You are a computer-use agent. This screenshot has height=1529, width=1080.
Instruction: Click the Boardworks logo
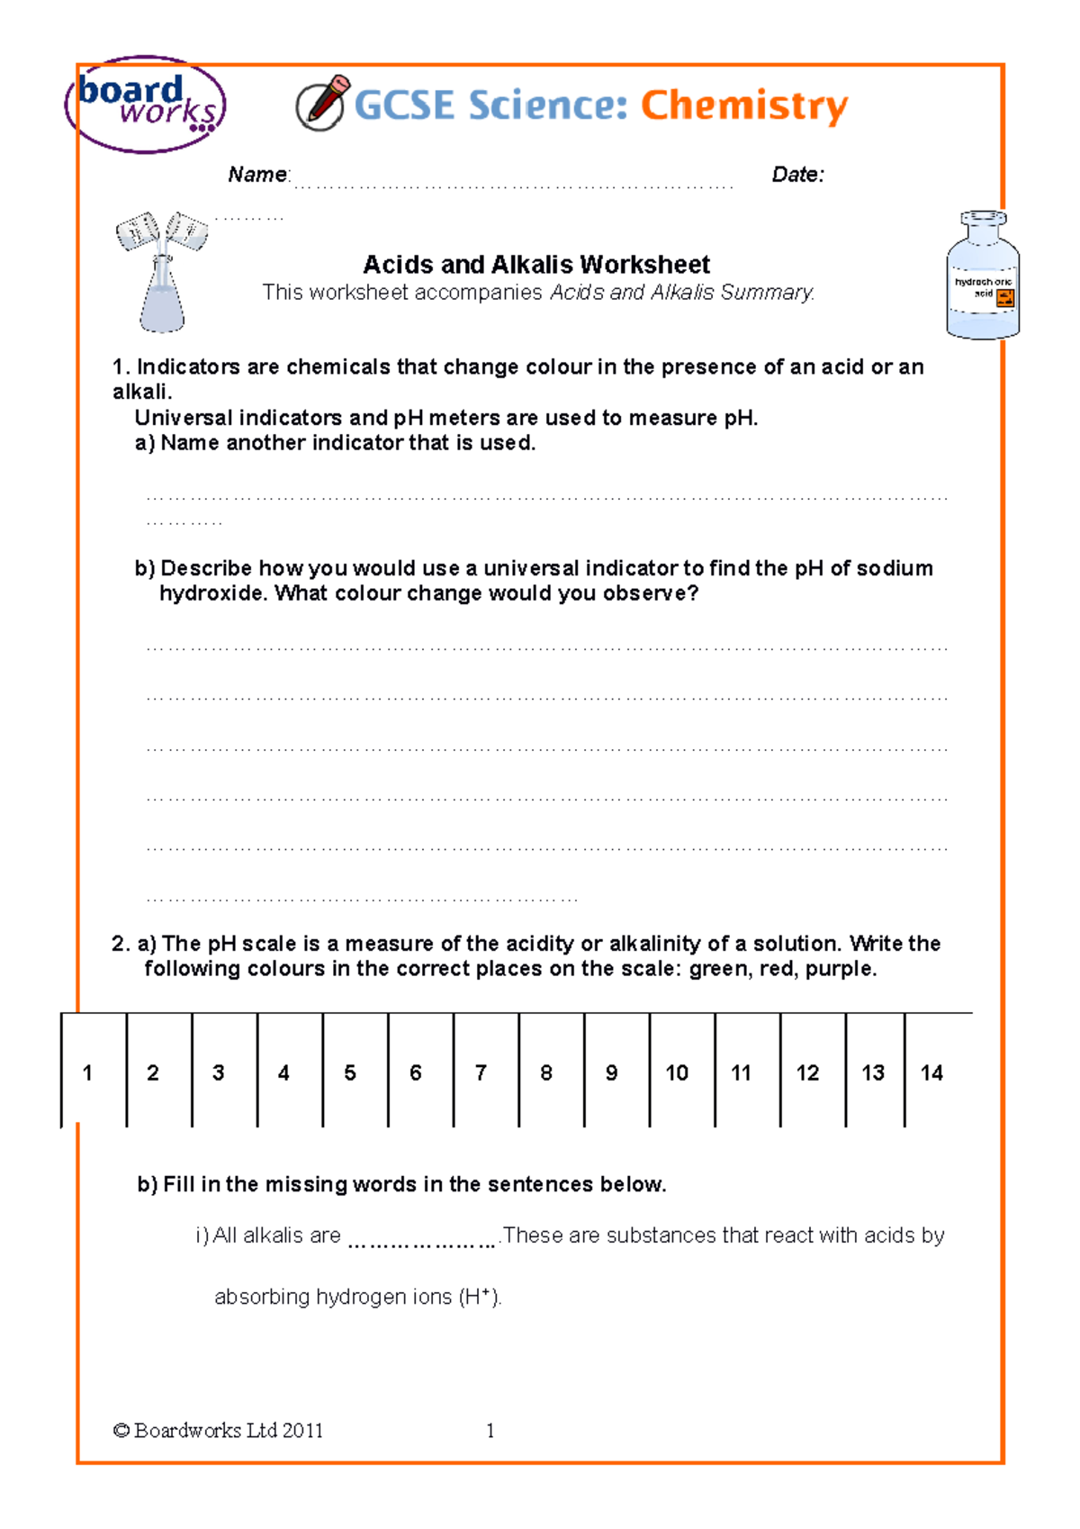point(146,104)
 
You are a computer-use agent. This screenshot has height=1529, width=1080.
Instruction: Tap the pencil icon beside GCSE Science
point(321,104)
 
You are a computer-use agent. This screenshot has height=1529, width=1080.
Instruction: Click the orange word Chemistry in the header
point(743,105)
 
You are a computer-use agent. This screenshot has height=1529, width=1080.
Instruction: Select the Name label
point(257,175)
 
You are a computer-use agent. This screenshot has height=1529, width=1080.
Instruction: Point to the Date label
point(797,175)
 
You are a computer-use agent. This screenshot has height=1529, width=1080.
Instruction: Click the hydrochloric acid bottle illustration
point(983,276)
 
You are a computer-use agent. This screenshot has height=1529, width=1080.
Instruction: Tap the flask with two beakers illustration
point(162,270)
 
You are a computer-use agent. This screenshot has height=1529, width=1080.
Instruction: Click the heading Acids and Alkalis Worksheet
point(535,265)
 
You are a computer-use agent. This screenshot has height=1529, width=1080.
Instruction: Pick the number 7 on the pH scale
point(481,1072)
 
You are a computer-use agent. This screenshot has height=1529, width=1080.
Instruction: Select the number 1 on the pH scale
point(87,1072)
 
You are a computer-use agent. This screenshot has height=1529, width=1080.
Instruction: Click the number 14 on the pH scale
point(931,1072)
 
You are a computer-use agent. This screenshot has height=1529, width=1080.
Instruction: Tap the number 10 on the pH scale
point(677,1072)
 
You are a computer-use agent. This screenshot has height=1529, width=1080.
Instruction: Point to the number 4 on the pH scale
point(283,1072)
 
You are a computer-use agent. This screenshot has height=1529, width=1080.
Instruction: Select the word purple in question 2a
point(840,969)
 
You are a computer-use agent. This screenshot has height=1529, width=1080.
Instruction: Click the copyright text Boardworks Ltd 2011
point(219,1430)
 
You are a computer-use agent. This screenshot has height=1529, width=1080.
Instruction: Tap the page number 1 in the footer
point(490,1430)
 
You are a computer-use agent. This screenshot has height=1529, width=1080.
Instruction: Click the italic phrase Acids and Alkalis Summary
point(682,293)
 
